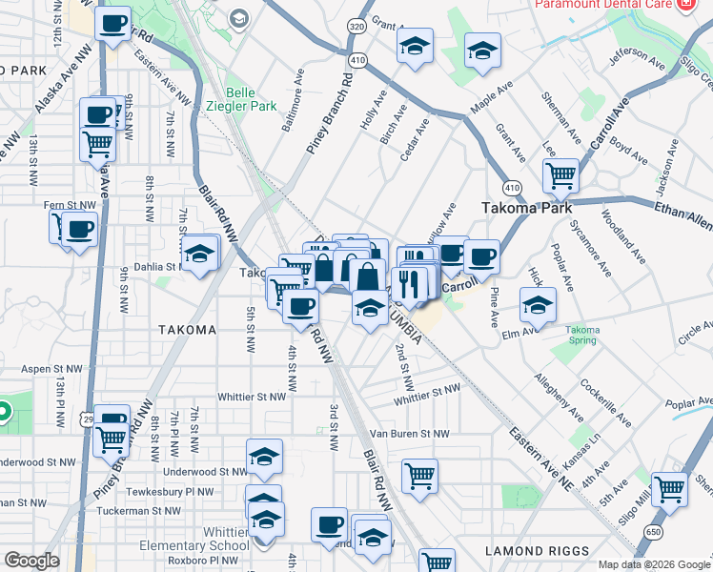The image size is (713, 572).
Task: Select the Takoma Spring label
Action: tap(582, 335)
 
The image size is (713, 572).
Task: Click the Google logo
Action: tap(31, 560)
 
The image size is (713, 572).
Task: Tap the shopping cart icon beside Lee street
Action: tap(560, 175)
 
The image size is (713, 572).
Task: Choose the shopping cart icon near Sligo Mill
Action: tap(669, 488)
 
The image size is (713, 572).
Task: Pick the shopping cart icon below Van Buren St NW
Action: tap(419, 475)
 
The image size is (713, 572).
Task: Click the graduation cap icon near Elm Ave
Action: tap(538, 306)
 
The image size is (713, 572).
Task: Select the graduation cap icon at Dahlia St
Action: tap(199, 254)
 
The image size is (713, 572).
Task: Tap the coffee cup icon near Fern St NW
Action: tap(80, 229)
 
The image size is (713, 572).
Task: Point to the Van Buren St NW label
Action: tap(410, 434)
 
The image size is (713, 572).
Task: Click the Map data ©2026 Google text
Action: tap(654, 564)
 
